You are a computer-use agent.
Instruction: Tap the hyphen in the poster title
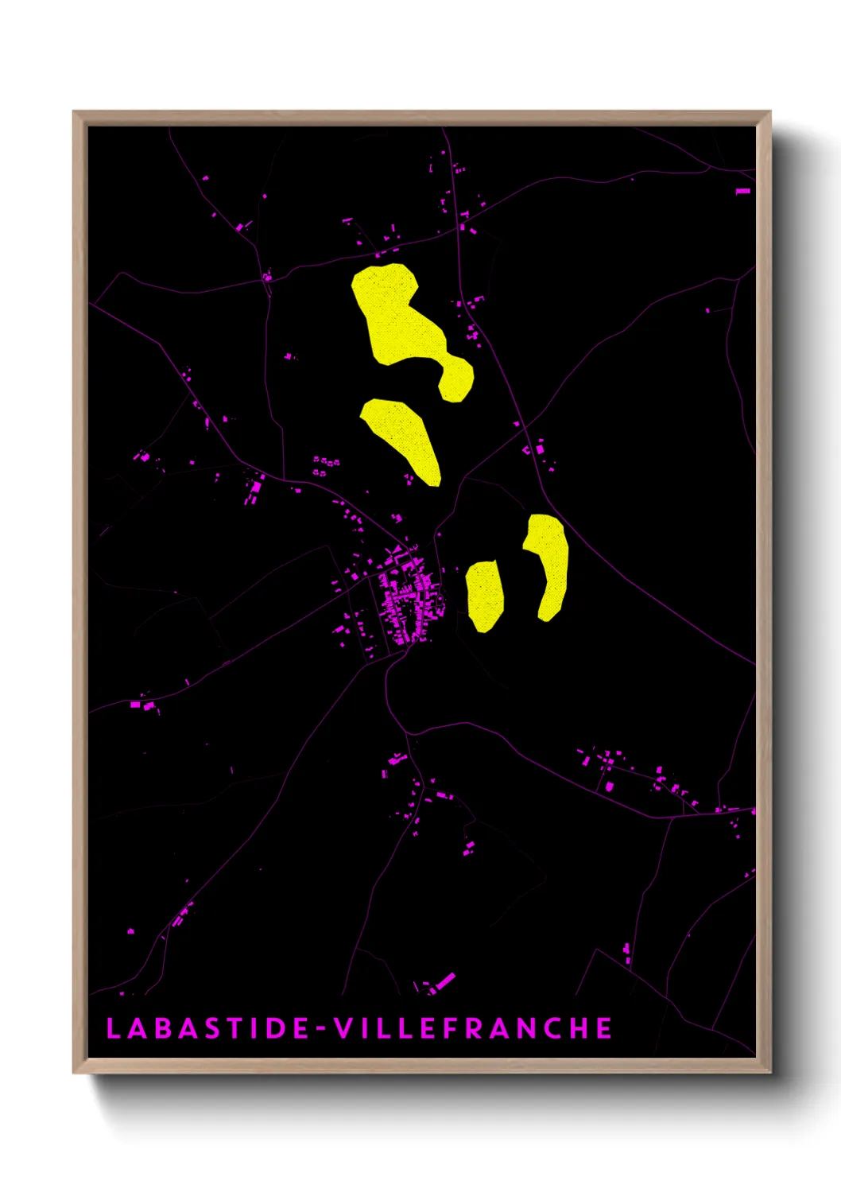pos(321,1029)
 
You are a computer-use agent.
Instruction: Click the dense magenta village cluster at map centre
pos(405,596)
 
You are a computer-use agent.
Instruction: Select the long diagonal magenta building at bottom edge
pos(443,981)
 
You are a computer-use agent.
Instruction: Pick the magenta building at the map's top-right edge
pos(743,191)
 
